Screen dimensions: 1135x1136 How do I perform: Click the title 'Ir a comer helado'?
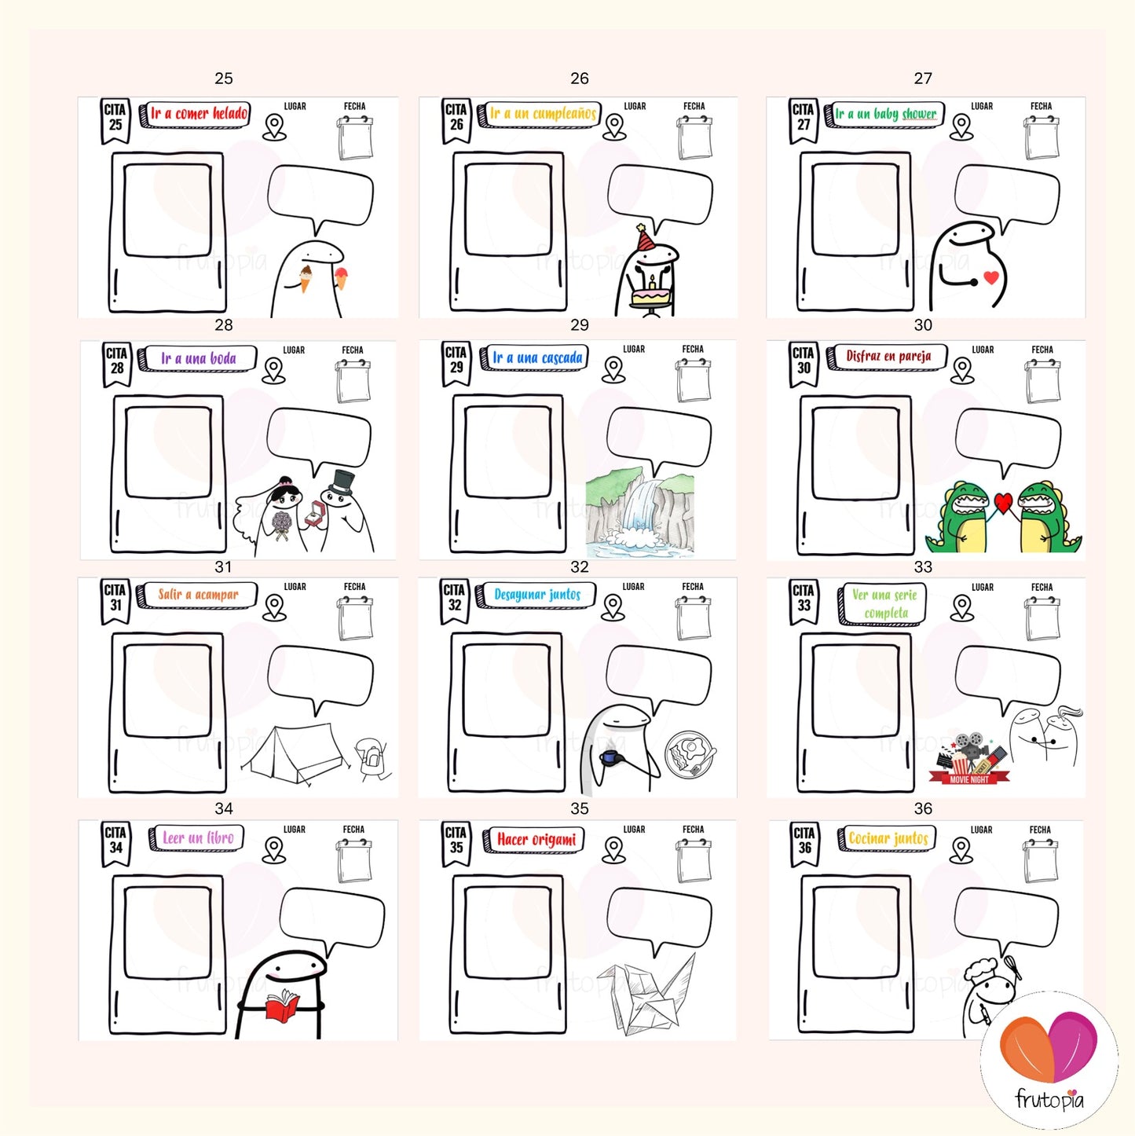199,113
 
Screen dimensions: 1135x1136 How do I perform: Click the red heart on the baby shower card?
991,277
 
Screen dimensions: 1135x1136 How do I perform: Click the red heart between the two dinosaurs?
1003,502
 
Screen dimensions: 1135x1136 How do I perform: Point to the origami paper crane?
646,994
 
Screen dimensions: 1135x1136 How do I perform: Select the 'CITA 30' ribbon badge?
804,364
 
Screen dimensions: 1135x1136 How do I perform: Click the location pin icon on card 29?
613,369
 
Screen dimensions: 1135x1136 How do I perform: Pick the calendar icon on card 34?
353,861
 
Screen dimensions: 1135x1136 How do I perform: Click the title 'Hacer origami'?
536,839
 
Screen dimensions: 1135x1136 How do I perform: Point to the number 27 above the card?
923,79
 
